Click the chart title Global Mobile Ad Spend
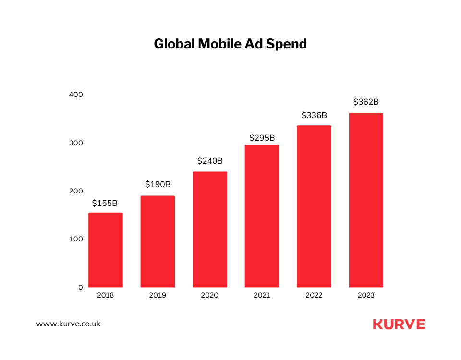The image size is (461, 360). [x=230, y=44]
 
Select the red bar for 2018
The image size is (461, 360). [x=105, y=250]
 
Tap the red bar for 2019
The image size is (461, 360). [x=158, y=241]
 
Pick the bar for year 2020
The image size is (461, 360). [x=209, y=229]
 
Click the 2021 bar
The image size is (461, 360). [x=262, y=216]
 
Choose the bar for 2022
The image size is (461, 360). [x=314, y=206]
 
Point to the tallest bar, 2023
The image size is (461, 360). [x=366, y=200]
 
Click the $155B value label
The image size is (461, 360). [x=105, y=203]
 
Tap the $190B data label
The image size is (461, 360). [x=158, y=184]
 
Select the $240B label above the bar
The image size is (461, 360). [x=210, y=161]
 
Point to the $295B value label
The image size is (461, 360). [x=262, y=138]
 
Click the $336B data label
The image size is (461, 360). [x=314, y=115]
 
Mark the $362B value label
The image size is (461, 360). [x=366, y=102]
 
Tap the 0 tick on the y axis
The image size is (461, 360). [x=81, y=288]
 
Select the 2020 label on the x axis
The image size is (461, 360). [x=209, y=295]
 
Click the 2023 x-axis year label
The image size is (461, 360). [x=366, y=295]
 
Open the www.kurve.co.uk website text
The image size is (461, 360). [x=68, y=324]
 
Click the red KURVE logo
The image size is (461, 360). [x=399, y=324]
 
